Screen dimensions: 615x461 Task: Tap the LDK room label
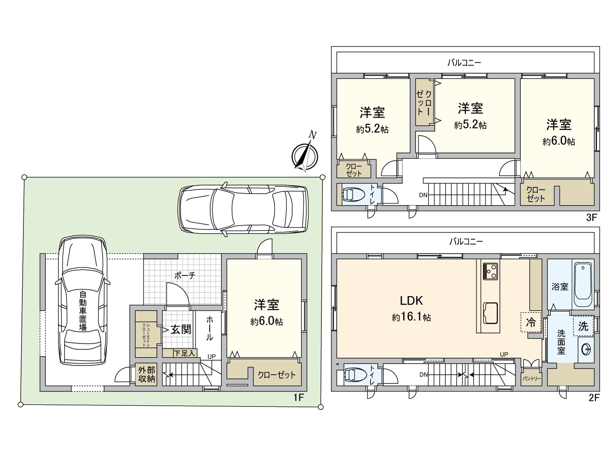click(411, 301)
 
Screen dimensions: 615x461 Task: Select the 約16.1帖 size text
click(411, 317)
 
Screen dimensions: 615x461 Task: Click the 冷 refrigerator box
click(531, 322)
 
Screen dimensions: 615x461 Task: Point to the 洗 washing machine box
click(583, 326)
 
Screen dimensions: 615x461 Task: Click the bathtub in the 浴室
click(583, 284)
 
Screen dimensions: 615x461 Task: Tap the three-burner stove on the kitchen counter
click(490, 271)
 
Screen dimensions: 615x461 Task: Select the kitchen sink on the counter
click(490, 313)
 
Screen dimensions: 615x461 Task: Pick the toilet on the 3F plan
click(353, 194)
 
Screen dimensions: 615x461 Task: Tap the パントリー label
click(531, 379)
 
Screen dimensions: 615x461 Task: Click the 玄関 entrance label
click(181, 330)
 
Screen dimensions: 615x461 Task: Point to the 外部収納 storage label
click(146, 375)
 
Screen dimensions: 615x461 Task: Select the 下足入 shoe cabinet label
click(184, 353)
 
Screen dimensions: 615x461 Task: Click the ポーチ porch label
click(184, 276)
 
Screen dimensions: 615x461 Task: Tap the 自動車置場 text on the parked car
click(83, 311)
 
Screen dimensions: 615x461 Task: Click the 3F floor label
click(592, 217)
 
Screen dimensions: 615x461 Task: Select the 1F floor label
click(298, 398)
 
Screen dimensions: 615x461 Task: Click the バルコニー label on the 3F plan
click(464, 62)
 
